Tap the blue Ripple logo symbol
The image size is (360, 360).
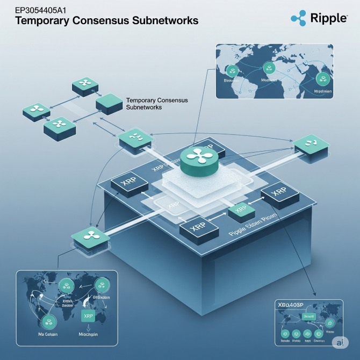point(298,18)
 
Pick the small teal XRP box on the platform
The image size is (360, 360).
point(241,210)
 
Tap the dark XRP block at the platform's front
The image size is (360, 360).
point(198,228)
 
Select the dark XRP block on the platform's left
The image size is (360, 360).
point(129,183)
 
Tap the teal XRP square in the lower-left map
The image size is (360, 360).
point(87,316)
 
